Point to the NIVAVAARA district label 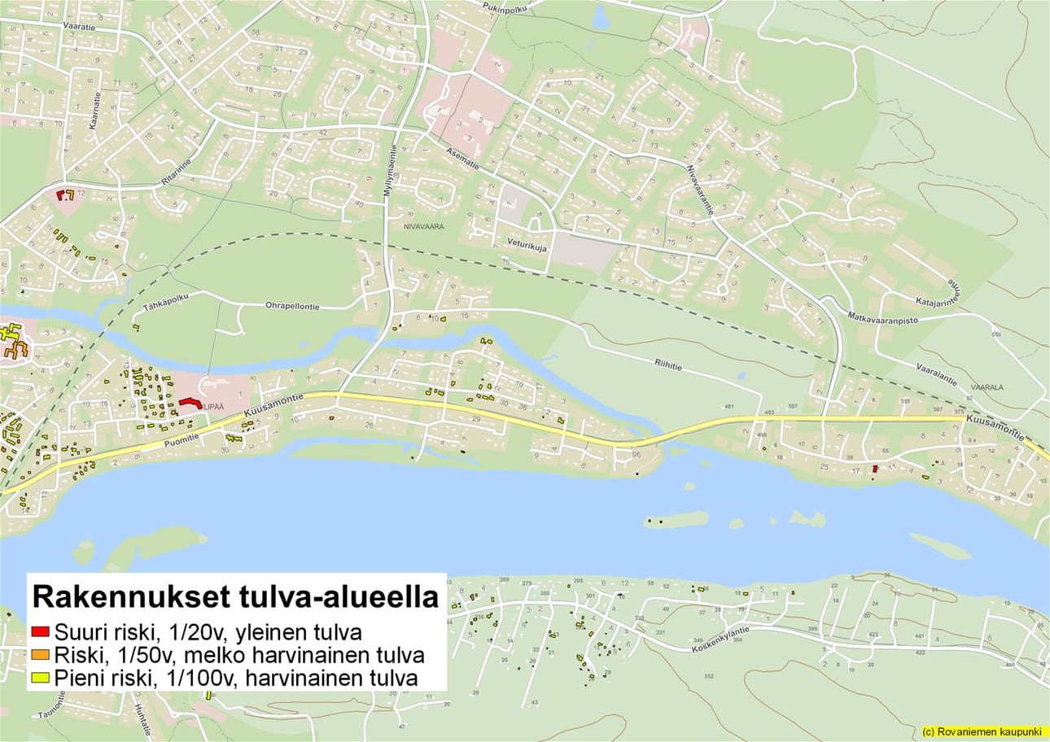422,227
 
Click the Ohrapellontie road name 292,307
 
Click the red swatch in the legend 41,632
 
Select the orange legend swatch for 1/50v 41,655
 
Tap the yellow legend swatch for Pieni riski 41,678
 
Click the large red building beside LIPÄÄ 190,402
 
